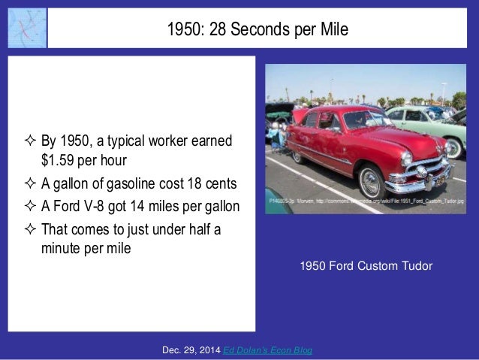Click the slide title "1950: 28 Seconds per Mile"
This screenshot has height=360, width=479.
click(258, 29)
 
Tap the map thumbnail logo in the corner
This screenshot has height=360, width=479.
click(27, 29)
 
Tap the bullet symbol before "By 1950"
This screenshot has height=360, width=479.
click(30, 141)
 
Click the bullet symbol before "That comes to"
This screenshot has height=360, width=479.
click(30, 230)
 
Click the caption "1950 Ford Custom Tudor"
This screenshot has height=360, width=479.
click(366, 265)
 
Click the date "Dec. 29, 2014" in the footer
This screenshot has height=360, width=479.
click(191, 351)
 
